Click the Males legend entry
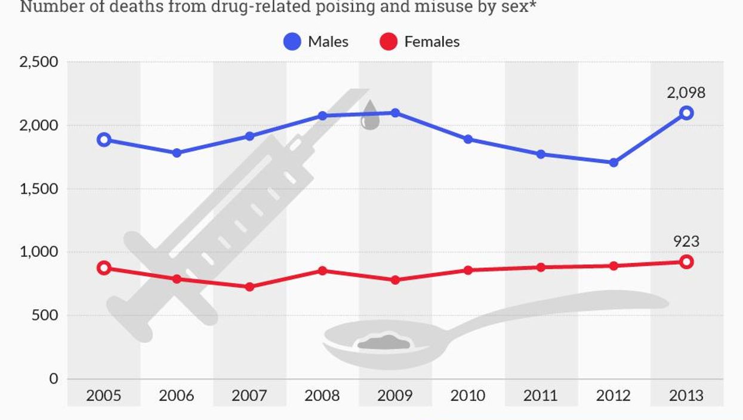[x=316, y=41]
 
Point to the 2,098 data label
[x=686, y=93]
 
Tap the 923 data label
[x=686, y=241]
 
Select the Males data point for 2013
[x=686, y=113]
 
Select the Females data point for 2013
[x=686, y=262]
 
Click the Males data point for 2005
[x=104, y=140]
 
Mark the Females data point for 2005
[x=104, y=268]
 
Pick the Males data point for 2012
[x=613, y=163]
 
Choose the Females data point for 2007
[x=249, y=287]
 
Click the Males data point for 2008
[x=322, y=115]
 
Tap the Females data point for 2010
[x=468, y=270]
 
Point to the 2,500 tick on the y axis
[x=39, y=62]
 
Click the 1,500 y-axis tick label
[x=39, y=189]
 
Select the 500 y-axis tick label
[x=45, y=315]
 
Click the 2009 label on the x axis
[x=394, y=396]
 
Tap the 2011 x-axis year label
[x=540, y=396]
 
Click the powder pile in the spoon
[x=384, y=343]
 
